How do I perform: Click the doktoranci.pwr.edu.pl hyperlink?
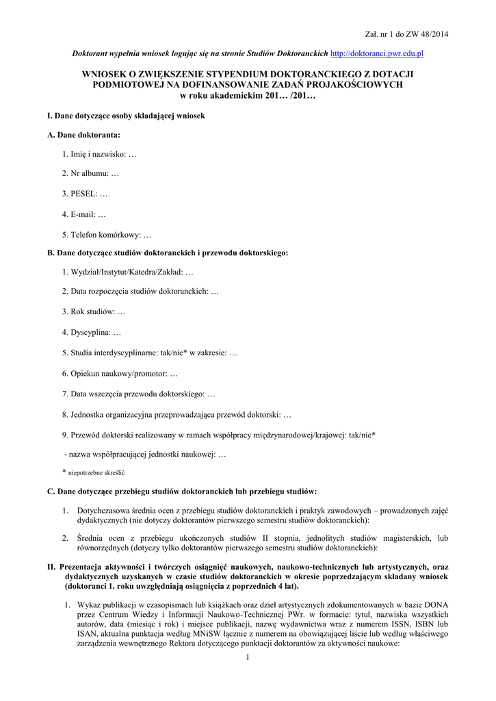377,53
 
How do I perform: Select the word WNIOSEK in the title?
107,73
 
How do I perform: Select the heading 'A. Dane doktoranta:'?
83,135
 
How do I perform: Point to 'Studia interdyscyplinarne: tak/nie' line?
153,353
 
